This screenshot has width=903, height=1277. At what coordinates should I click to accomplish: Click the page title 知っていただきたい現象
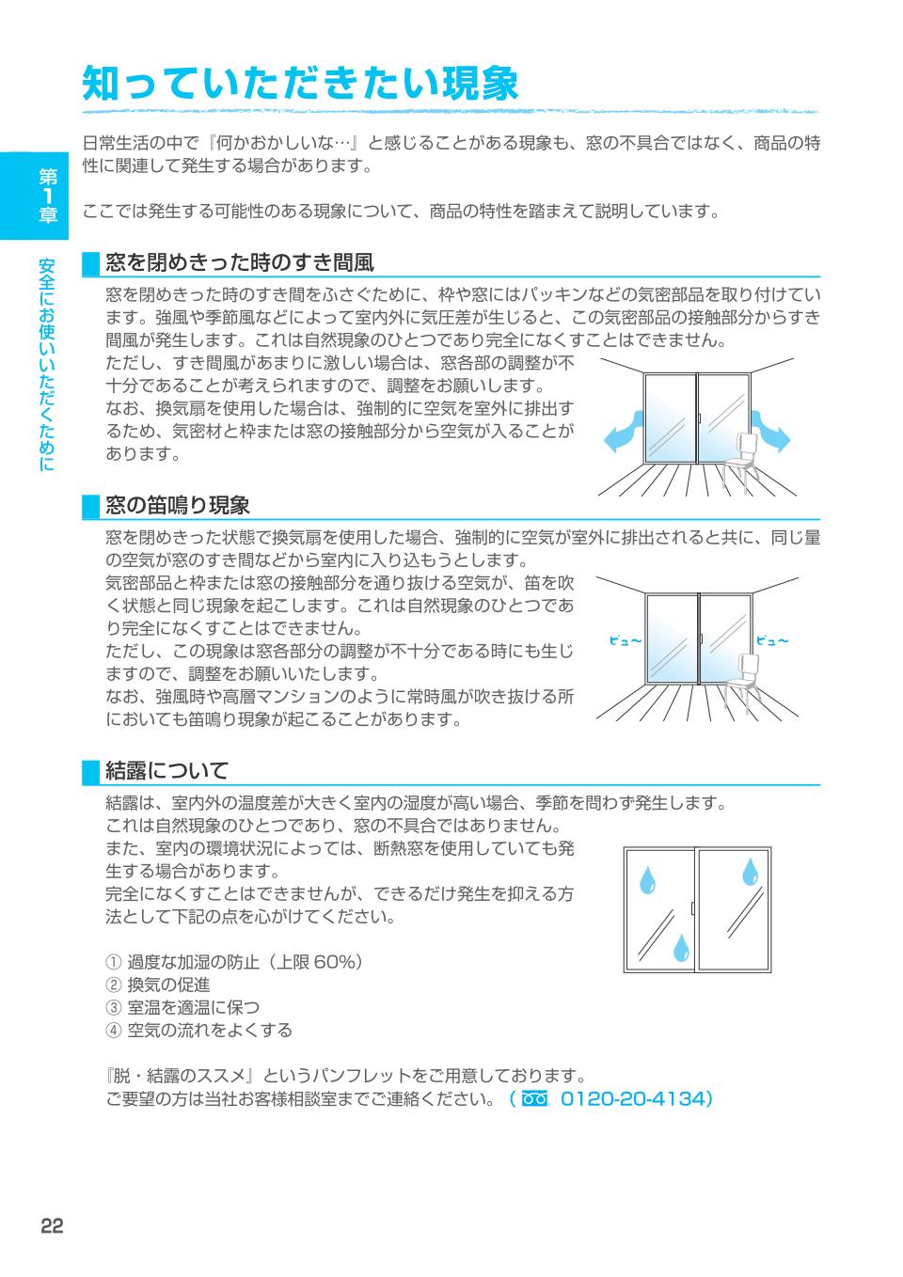point(301,83)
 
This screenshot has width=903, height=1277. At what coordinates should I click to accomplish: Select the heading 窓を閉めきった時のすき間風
point(240,261)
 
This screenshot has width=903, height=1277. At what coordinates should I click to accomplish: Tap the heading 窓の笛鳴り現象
point(178,506)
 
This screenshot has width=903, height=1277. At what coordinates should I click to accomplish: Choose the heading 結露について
point(166,771)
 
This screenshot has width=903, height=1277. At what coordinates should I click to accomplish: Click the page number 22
point(53,1225)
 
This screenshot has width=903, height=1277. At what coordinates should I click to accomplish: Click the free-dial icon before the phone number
point(534,1098)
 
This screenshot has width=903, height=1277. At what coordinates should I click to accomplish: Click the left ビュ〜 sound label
point(626,641)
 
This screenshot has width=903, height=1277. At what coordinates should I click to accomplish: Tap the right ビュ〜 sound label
point(772,641)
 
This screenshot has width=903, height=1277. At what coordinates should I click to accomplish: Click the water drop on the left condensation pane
point(647,878)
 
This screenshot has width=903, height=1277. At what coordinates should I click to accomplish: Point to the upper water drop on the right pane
point(750,872)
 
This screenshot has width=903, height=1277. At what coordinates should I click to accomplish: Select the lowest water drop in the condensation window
point(680,946)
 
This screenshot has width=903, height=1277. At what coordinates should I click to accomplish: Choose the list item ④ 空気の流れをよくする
point(199,1030)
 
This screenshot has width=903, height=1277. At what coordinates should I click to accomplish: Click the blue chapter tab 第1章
point(48,195)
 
